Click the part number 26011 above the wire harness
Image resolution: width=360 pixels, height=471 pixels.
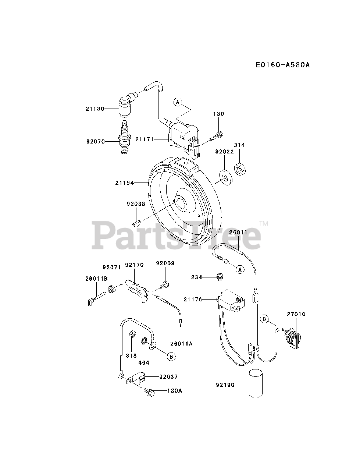(238, 233)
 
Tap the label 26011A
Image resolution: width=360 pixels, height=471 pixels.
(182, 344)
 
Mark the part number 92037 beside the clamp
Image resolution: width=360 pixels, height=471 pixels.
(169, 377)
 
